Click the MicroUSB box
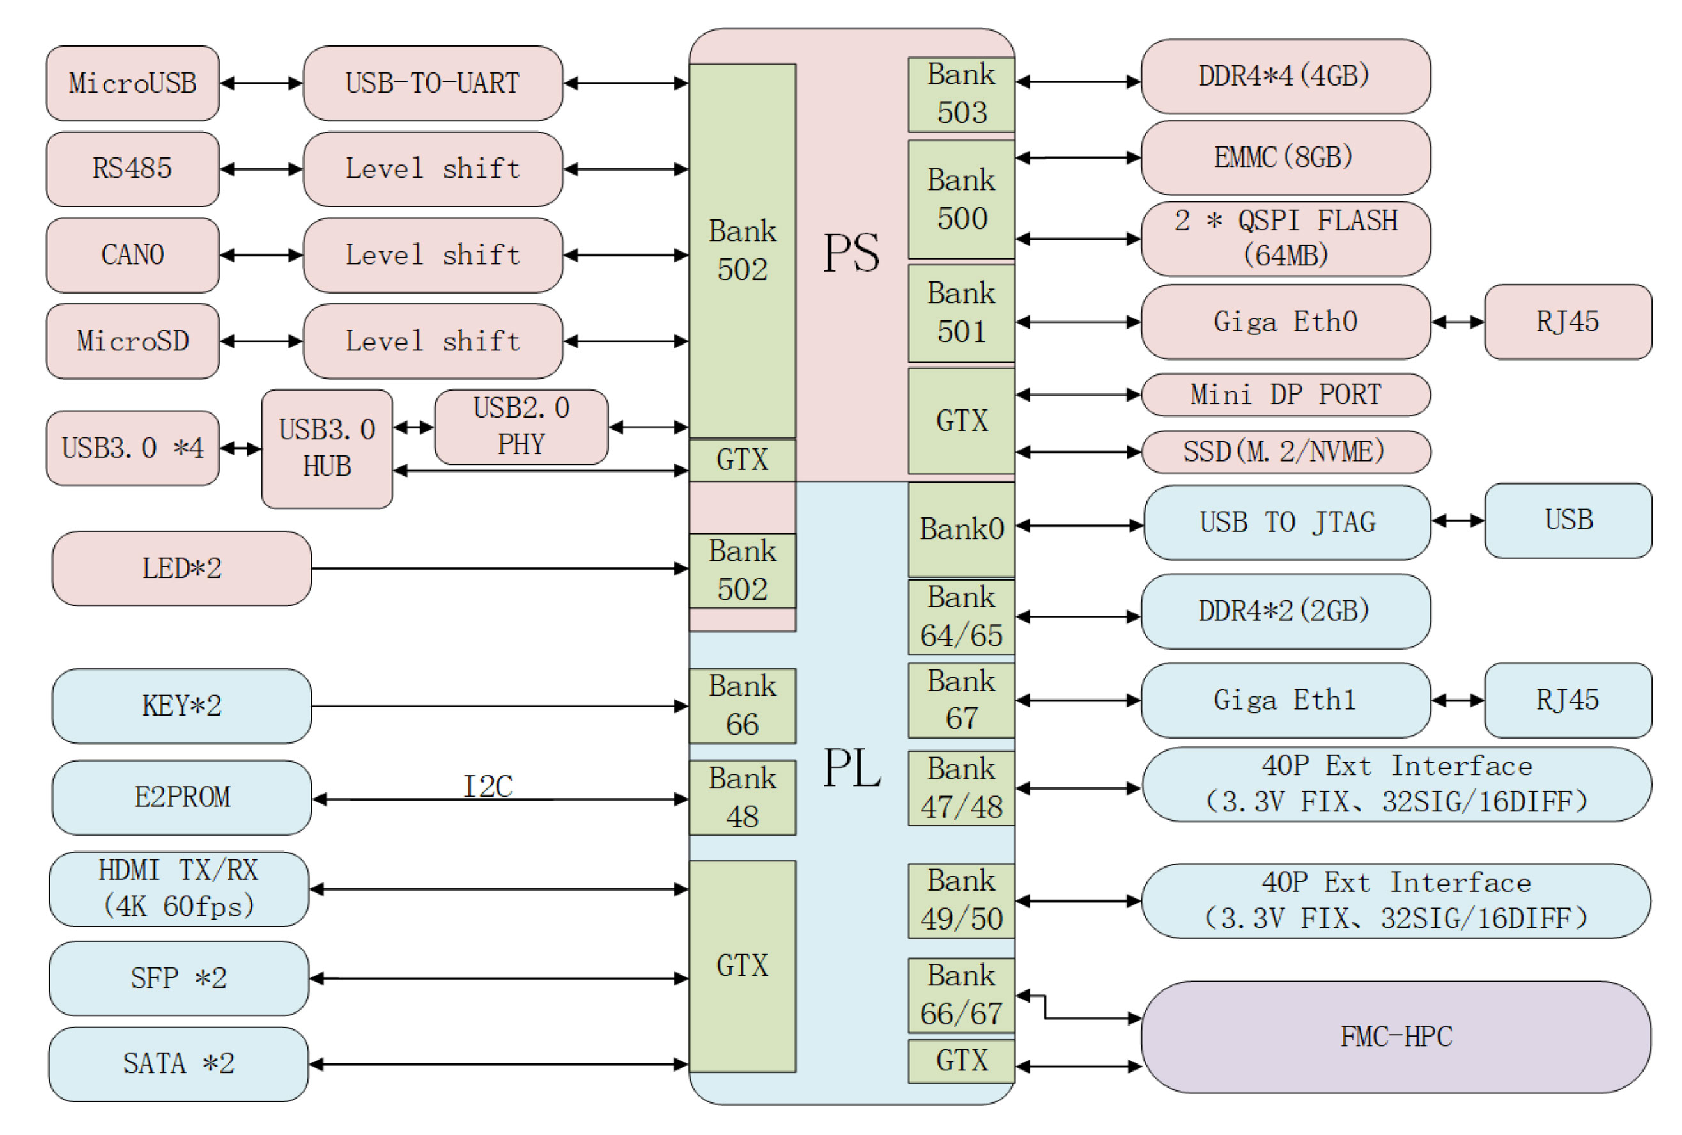tap(132, 83)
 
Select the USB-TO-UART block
tap(432, 83)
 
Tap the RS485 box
tap(132, 169)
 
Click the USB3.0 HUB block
tap(327, 449)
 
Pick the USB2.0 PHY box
tap(521, 427)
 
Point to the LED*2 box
tap(181, 568)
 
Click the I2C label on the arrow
tap(488, 786)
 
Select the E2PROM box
tap(181, 797)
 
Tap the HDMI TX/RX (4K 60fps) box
tap(179, 889)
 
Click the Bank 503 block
tap(961, 94)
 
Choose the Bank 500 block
tap(961, 199)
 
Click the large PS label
tap(851, 253)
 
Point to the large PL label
tap(851, 767)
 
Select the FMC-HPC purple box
tap(1396, 1037)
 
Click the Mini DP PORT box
tap(1286, 395)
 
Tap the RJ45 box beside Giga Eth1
tap(1568, 700)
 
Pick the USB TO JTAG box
tap(1287, 522)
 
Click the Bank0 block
tap(961, 529)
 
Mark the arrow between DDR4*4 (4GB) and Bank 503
tap(1078, 82)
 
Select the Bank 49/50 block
tap(961, 900)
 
